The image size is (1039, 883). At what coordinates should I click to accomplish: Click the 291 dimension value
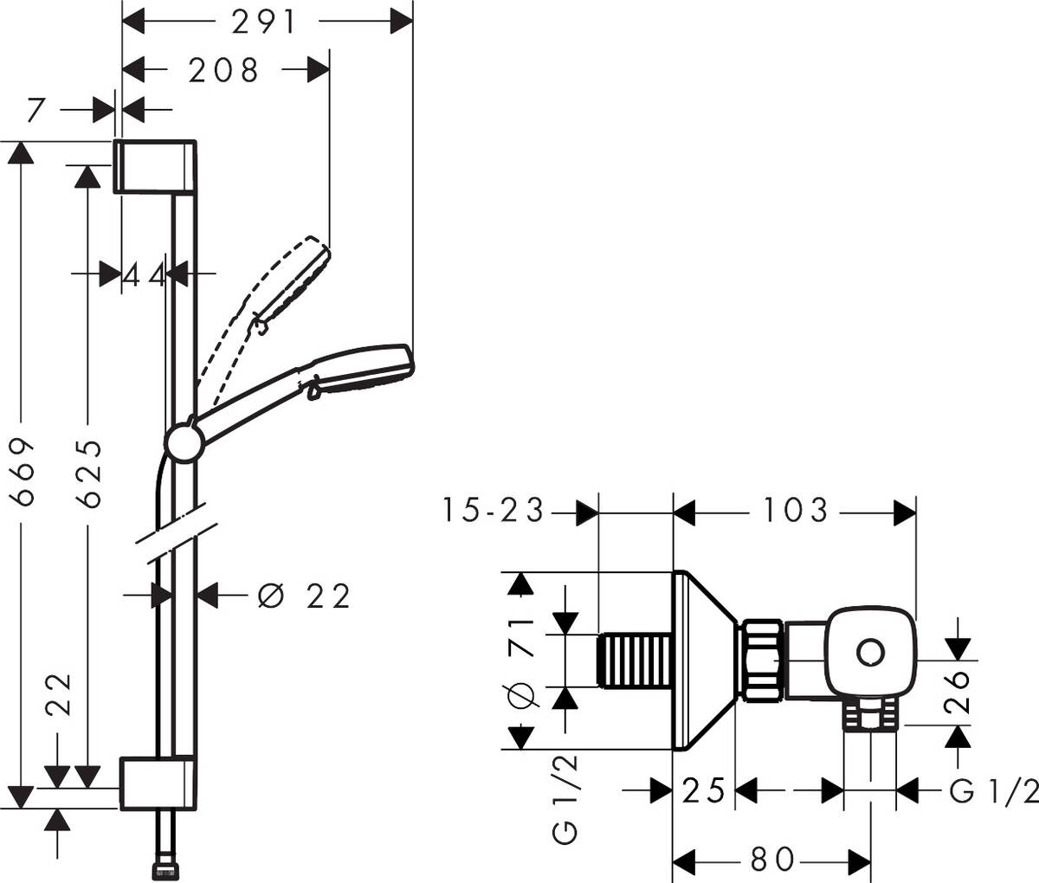click(264, 23)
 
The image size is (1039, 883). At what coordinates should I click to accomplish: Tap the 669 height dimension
click(22, 472)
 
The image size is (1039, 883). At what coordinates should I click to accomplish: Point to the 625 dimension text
click(87, 472)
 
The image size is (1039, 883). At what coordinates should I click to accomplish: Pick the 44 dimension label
click(144, 275)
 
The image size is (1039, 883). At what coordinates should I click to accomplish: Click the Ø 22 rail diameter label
click(305, 596)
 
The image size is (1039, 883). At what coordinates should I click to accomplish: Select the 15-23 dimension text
click(494, 511)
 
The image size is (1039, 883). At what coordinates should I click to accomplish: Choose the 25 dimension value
click(702, 790)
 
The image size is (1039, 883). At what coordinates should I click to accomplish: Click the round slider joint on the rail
click(184, 443)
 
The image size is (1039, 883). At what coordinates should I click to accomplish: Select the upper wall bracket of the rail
click(155, 164)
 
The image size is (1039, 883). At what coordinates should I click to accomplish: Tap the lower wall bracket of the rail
click(155, 783)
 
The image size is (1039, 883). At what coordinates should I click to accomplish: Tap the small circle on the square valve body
click(868, 652)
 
